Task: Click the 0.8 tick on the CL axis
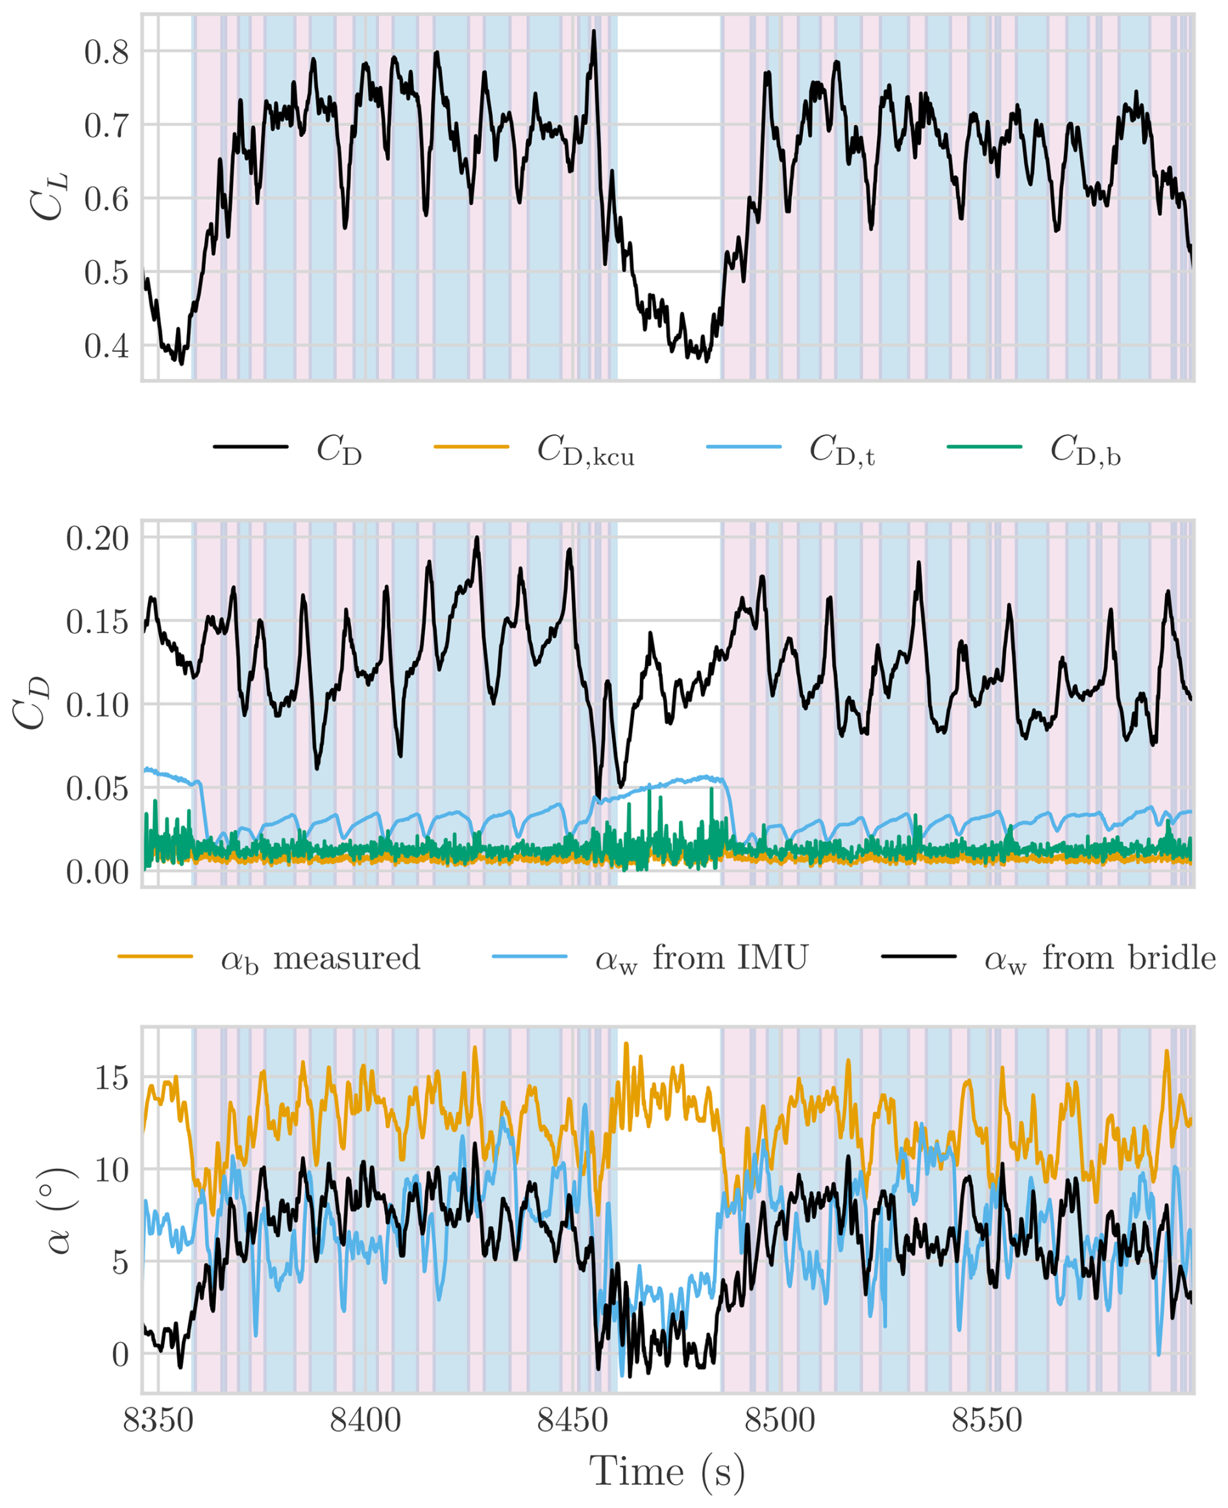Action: tap(106, 53)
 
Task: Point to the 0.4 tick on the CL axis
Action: tap(106, 346)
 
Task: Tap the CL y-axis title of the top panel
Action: tap(48, 197)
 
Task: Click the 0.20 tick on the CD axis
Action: tap(97, 539)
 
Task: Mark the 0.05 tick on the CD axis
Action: tap(97, 788)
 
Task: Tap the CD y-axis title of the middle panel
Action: tap(32, 704)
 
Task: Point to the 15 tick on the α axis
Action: tap(112, 1078)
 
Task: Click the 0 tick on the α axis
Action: tap(120, 1356)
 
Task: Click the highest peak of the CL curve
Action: tap(594, 31)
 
